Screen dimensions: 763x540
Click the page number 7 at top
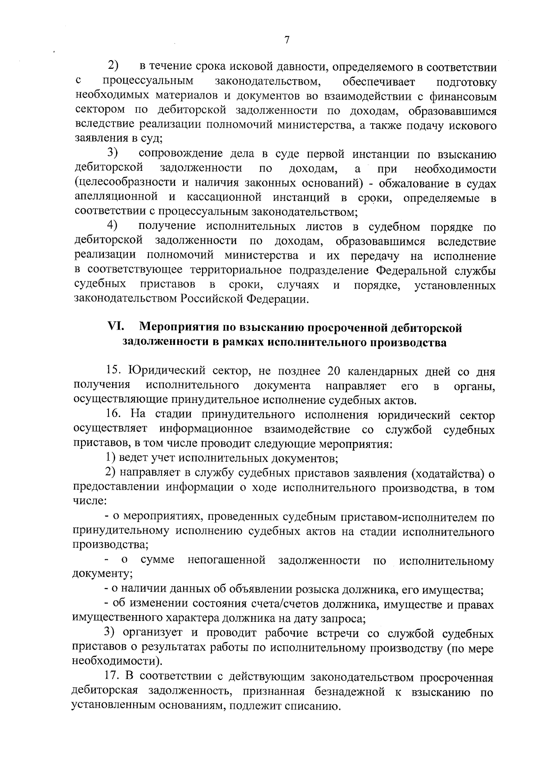click(286, 40)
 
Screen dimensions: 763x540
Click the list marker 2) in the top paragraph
click(113, 66)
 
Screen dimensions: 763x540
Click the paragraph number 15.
click(114, 371)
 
